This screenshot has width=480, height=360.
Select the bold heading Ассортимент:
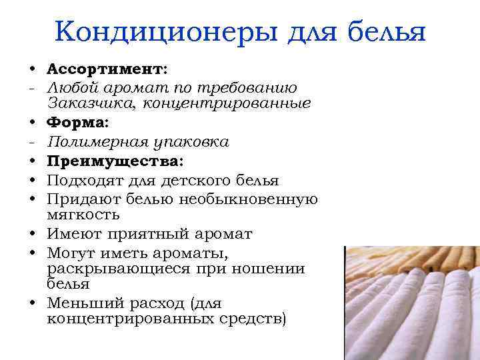coord(107,69)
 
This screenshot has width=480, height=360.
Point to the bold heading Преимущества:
coord(115,161)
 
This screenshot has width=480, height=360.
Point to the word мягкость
coord(83,215)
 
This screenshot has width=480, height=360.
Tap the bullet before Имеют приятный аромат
coord(32,235)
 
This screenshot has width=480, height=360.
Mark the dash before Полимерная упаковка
coord(31,142)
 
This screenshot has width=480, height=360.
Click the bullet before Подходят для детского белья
coord(32,181)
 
